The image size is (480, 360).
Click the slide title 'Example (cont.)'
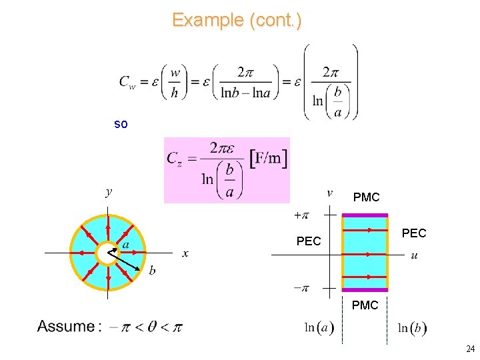[x=237, y=20]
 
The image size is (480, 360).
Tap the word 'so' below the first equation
[x=121, y=124]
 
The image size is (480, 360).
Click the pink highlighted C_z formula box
[x=227, y=170]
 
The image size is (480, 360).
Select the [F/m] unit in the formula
[x=269, y=158]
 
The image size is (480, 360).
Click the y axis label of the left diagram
[x=109, y=192]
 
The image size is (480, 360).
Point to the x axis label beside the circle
[x=185, y=253]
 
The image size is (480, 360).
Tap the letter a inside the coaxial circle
[x=125, y=244]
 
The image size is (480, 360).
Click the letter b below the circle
[x=152, y=270]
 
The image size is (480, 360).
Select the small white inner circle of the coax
[x=107, y=253]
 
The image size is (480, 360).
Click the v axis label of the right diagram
[x=329, y=193]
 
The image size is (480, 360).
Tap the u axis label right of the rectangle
[x=415, y=255]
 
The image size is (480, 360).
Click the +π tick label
[x=301, y=215]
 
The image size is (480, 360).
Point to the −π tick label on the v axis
[x=301, y=289]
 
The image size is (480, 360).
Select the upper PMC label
[x=366, y=197]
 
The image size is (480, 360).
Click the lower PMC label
[x=365, y=305]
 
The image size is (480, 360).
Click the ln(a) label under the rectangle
[x=319, y=328]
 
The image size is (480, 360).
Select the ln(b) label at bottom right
[x=413, y=328]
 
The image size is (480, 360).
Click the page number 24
[x=471, y=349]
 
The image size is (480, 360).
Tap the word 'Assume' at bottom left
[x=66, y=327]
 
